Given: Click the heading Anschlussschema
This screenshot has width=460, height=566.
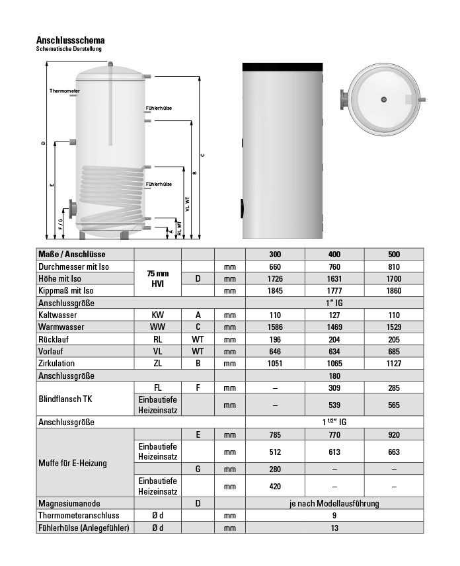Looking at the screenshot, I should [x=70, y=40].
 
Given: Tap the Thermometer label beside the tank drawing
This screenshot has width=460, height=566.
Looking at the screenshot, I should [x=64, y=91].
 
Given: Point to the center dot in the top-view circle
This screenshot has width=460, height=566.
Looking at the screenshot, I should [x=383, y=99].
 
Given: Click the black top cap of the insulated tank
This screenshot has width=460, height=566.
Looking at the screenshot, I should [x=282, y=67].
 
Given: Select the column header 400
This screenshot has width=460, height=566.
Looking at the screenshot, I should [x=334, y=255].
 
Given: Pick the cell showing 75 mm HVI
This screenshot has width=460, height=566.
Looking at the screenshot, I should [x=157, y=278].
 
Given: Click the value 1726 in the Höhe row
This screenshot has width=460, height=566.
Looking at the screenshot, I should [x=275, y=278].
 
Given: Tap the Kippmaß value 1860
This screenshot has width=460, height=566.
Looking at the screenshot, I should [x=394, y=290].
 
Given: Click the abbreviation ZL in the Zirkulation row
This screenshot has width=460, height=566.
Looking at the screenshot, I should [x=157, y=364].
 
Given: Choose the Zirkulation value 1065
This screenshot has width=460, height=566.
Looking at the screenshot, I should [x=334, y=364].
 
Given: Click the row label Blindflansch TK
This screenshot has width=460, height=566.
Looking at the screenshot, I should [x=65, y=399].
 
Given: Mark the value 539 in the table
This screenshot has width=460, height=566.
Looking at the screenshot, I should [x=334, y=405].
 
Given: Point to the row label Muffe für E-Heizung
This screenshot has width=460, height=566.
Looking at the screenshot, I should [x=72, y=463].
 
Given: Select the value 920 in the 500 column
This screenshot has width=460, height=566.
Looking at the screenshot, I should [x=394, y=434].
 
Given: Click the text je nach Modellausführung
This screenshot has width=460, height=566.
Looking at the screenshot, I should [x=334, y=503].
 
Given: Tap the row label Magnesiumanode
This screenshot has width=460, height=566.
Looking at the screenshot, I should [x=68, y=503].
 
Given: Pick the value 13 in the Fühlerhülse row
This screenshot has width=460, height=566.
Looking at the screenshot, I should [x=334, y=528].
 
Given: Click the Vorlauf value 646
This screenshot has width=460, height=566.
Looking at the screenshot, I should [x=275, y=351].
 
